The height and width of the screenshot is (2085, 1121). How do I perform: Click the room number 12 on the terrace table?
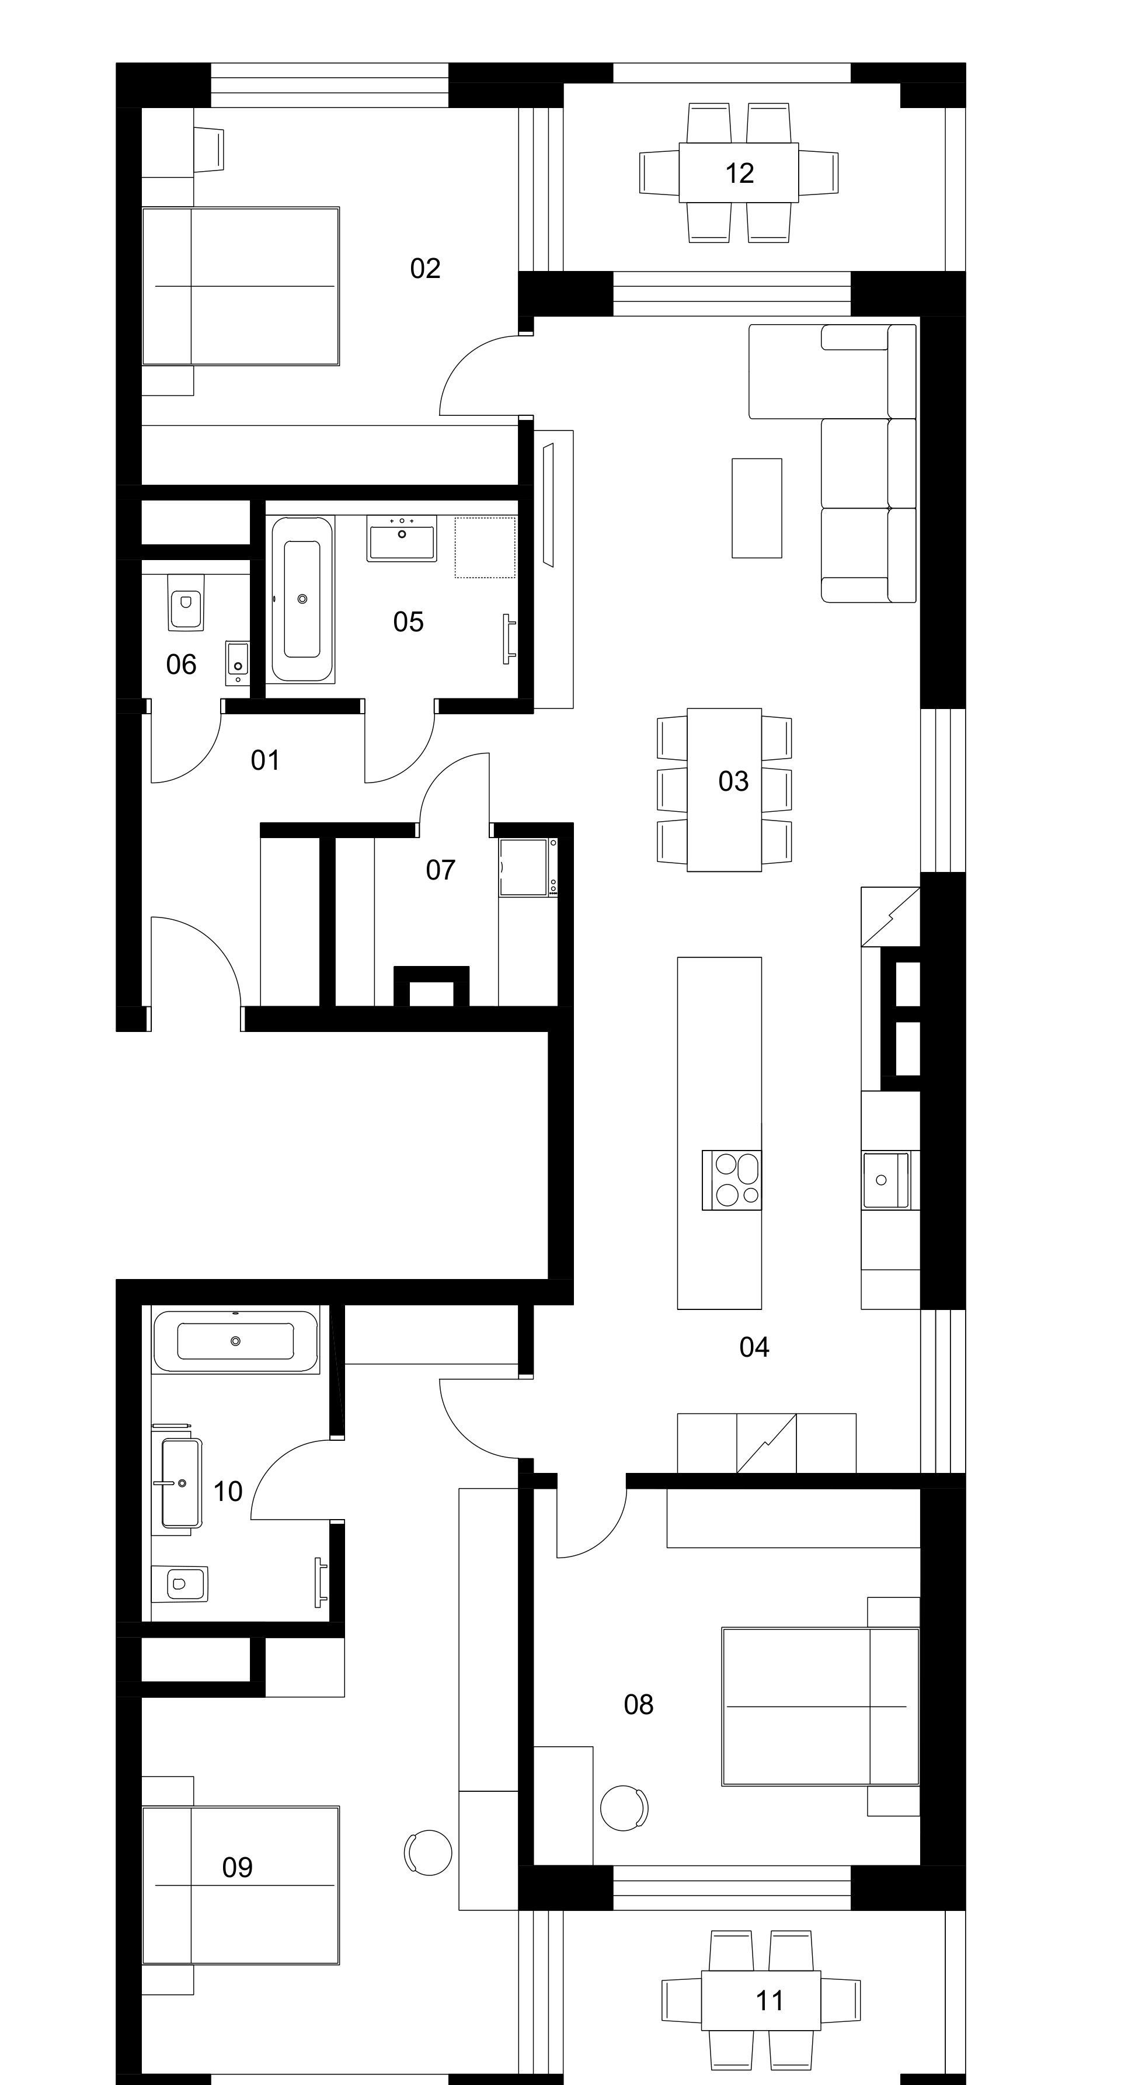point(740,173)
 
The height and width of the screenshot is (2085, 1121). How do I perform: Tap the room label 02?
point(425,268)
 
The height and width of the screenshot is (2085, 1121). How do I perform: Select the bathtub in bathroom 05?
point(302,599)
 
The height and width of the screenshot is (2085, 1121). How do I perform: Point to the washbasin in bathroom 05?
point(402,538)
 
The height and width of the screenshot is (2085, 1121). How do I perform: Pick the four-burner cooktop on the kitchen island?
point(732,1179)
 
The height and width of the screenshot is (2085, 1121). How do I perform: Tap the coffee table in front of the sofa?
point(757,508)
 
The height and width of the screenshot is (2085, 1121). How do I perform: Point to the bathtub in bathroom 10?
point(235,1341)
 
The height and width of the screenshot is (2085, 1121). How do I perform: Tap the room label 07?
point(440,870)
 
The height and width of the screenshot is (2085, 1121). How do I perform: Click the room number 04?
point(754,1347)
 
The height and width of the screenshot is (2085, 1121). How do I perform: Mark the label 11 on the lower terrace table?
point(769,2000)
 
